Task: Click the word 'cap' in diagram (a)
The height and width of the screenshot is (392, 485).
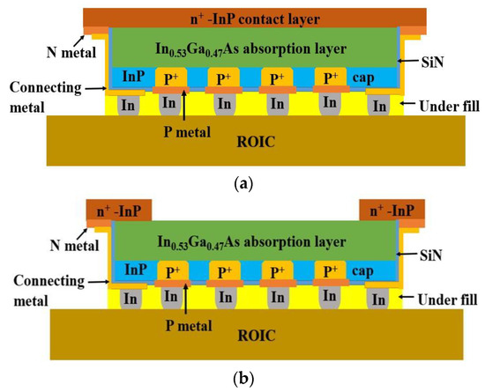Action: (362, 77)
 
